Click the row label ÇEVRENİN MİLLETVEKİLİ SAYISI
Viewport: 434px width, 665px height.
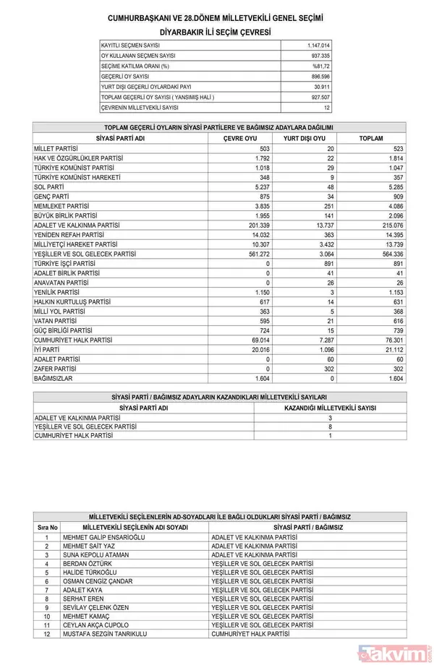pyautogui.click(x=139, y=107)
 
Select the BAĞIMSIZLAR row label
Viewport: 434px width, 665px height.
pyautogui.click(x=54, y=378)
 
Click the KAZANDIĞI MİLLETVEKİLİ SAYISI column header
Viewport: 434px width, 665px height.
pyautogui.click(x=330, y=408)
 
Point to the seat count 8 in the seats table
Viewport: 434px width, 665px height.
pyautogui.click(x=330, y=426)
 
